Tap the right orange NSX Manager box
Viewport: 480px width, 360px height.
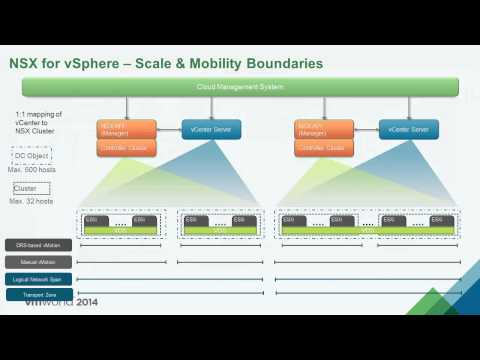[322, 129]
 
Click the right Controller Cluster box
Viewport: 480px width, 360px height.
[322, 149]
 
